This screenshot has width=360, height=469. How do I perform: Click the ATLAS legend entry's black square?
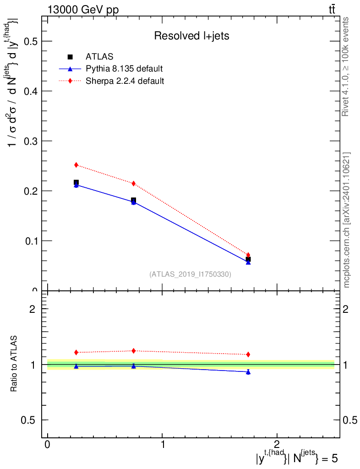[70, 57]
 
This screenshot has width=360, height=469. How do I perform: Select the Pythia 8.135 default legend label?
[124, 69]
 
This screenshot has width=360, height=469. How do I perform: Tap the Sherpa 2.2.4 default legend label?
[125, 81]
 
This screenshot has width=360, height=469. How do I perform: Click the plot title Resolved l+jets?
[191, 36]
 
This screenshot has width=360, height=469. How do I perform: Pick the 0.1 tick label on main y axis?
[31, 241]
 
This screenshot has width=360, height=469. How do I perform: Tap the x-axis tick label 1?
[163, 444]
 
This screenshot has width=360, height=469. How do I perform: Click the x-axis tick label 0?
[48, 444]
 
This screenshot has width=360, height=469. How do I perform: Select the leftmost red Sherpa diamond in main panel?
[76, 165]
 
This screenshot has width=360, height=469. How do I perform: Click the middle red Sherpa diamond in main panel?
[134, 183]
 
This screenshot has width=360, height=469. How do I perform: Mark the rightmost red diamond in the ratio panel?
[248, 354]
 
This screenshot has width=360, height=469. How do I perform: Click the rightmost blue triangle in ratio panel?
[248, 372]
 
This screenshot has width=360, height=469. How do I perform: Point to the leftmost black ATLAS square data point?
[76, 182]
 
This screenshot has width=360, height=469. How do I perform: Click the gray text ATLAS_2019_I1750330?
[190, 274]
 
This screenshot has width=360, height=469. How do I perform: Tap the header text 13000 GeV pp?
[83, 10]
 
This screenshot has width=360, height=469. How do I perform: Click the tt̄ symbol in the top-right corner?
[332, 10]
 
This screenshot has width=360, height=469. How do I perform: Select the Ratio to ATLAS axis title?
[14, 364]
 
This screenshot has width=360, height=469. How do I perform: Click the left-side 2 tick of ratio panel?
[33, 309]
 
